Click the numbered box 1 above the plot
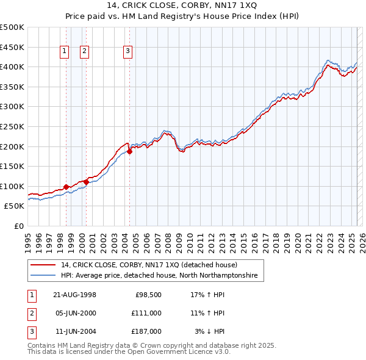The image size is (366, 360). tap(64, 51)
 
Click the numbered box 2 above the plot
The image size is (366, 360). tap(84, 51)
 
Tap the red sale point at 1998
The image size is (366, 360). tap(66, 187)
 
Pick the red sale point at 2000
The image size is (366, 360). tap(86, 182)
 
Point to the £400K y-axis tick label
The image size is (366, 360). tap(12, 67)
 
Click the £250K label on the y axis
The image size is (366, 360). tap(12, 126)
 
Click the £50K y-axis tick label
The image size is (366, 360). tap(15, 206)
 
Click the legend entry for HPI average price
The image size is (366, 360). tap(159, 276)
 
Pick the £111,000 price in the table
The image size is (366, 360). tap(146, 313)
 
